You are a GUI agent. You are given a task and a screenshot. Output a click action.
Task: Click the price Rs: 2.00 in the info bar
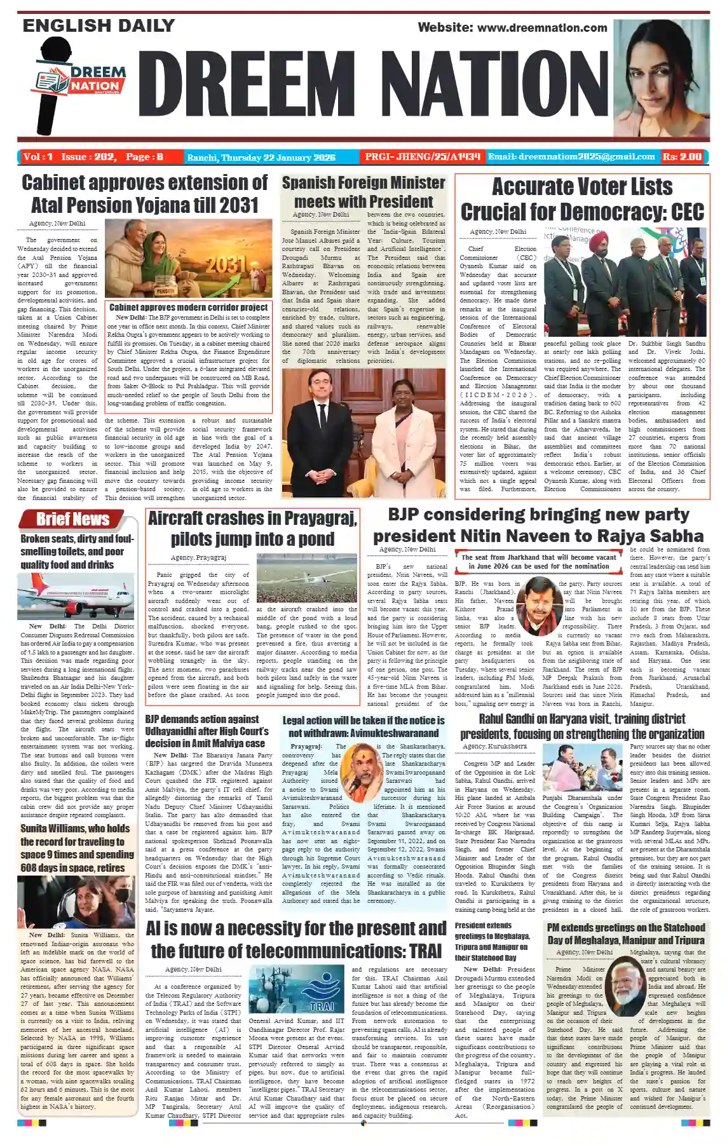click(x=682, y=156)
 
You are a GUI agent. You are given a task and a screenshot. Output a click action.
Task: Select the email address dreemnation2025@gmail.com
click(x=571, y=156)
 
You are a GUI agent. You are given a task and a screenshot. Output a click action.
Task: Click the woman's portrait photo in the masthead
click(x=661, y=77)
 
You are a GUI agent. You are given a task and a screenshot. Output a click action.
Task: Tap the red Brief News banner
click(x=72, y=519)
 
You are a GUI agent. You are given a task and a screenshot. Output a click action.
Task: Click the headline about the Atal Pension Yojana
click(x=145, y=194)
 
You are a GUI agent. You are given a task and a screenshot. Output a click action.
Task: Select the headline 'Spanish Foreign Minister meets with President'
click(x=363, y=192)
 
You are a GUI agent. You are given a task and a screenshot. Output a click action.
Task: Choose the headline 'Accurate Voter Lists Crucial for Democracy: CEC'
click(x=582, y=199)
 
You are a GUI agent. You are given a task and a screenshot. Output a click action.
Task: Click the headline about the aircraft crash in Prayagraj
click(x=252, y=528)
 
